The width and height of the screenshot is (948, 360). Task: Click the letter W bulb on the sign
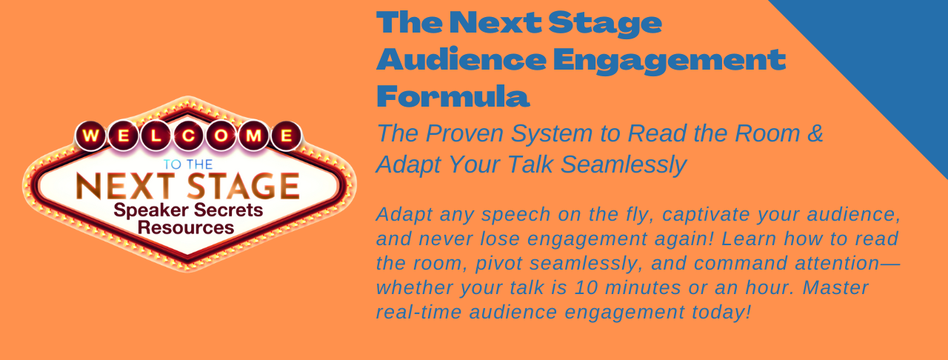pyautogui.click(x=91, y=136)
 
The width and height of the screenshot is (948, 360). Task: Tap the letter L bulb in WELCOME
pyautogui.click(x=156, y=136)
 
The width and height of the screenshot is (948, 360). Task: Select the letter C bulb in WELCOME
pyautogui.click(x=189, y=136)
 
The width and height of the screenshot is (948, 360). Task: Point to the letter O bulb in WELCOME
pyautogui.click(x=221, y=136)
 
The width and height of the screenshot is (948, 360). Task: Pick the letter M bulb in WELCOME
pyautogui.click(x=253, y=136)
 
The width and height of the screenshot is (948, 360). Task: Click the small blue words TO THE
pyautogui.click(x=188, y=164)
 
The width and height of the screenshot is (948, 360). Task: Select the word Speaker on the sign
pyautogui.click(x=150, y=210)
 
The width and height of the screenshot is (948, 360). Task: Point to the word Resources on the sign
pyautogui.click(x=186, y=228)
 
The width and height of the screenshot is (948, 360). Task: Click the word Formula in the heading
pyautogui.click(x=453, y=96)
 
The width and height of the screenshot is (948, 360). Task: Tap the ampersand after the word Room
pyautogui.click(x=815, y=133)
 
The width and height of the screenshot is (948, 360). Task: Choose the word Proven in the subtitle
pyautogui.click(x=464, y=133)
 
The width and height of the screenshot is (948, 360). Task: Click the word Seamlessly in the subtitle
pyautogui.click(x=624, y=164)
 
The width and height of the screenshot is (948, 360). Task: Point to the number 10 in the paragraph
pyautogui.click(x=586, y=287)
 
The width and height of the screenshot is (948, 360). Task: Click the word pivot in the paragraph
pyautogui.click(x=499, y=264)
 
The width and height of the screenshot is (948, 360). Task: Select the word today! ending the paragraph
pyautogui.click(x=721, y=313)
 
